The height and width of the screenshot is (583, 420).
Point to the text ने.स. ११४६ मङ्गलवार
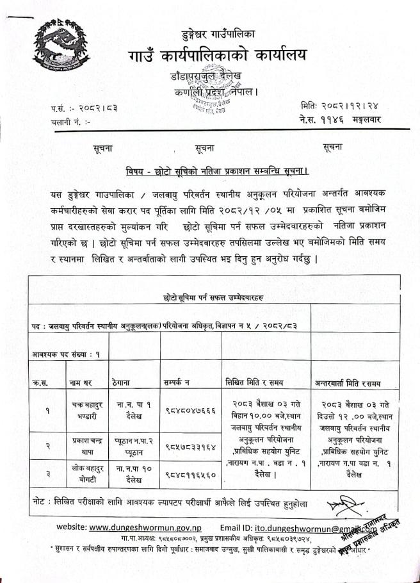pos(339,119)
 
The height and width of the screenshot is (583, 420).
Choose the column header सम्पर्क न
pos(182,382)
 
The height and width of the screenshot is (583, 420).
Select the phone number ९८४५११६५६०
pos(190,475)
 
